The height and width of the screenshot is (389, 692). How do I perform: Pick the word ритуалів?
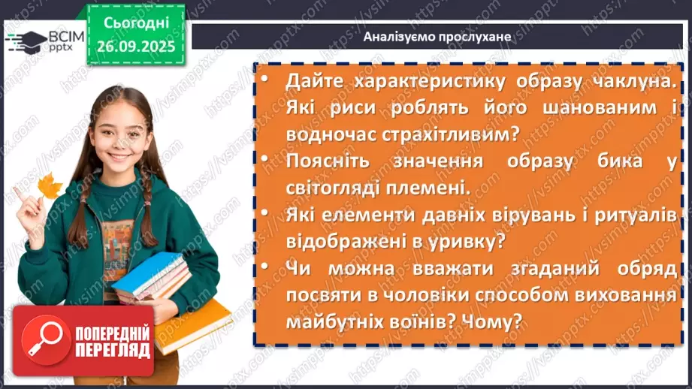click(637, 214)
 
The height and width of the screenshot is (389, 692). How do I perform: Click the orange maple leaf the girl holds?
click(50, 185)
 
